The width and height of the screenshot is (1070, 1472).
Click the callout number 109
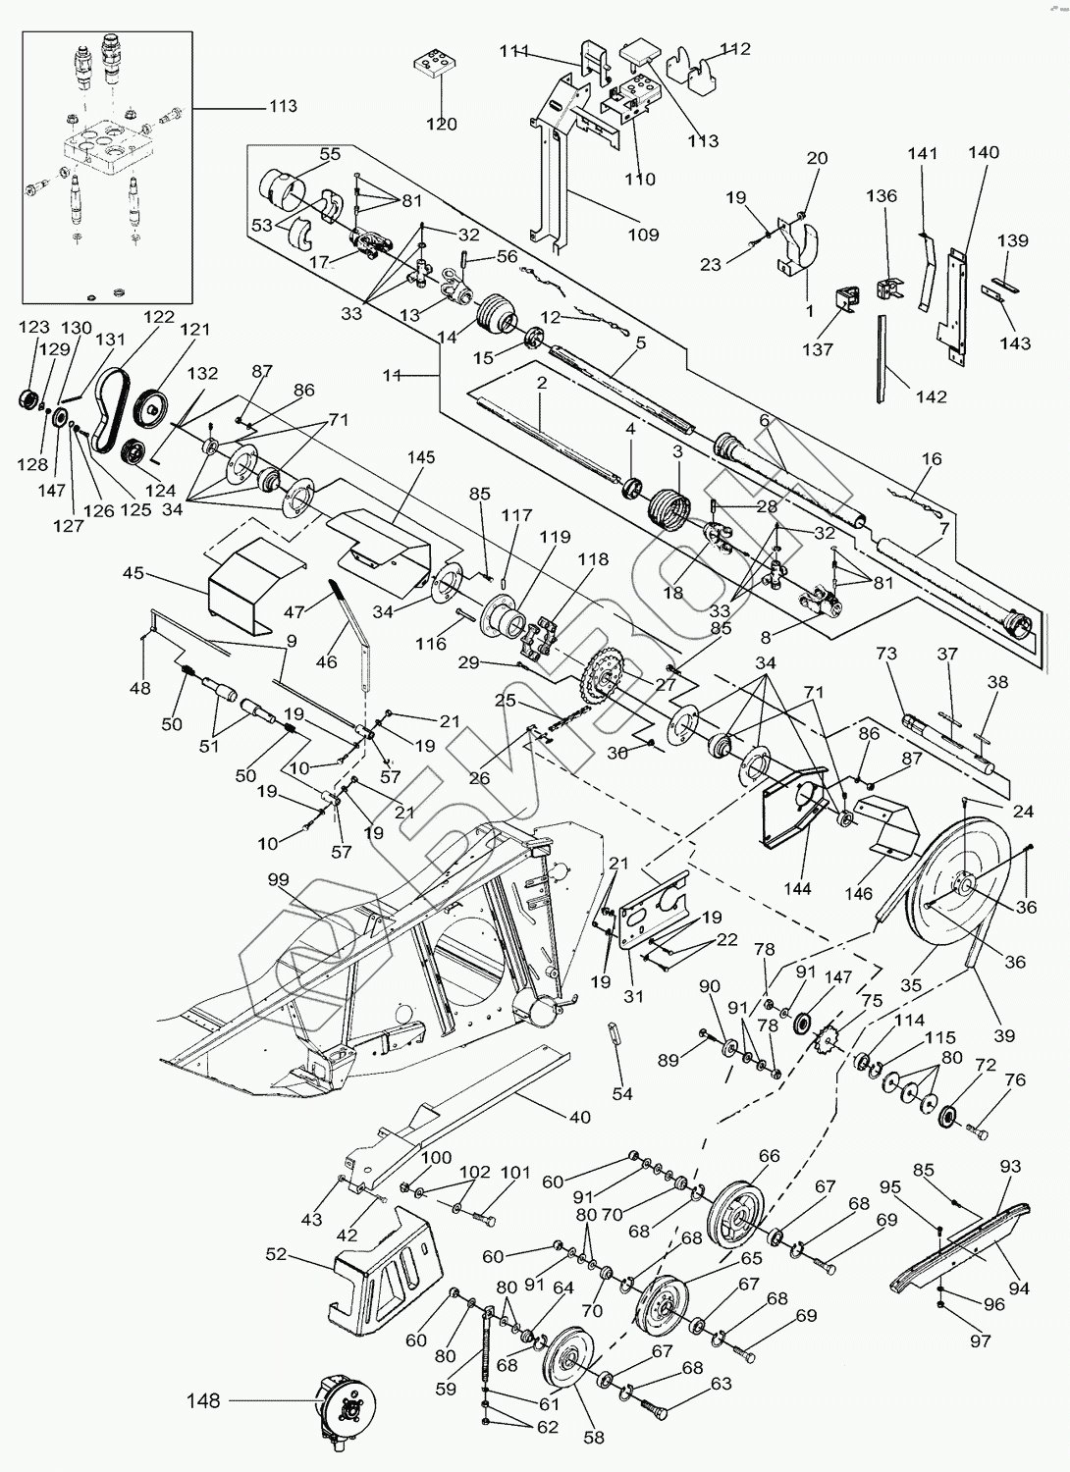pos(643,235)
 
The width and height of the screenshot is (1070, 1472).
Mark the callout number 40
pos(580,1117)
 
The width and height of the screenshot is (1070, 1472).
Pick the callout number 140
pos(983,152)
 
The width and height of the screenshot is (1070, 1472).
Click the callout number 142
pos(931,396)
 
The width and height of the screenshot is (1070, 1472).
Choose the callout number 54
pos(621,1093)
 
